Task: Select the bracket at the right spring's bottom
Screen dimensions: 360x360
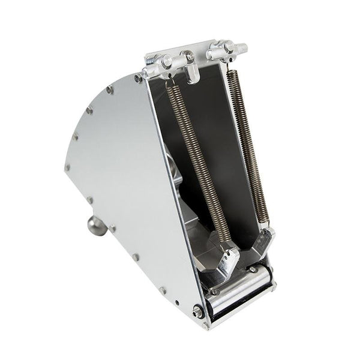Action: [x=265, y=240]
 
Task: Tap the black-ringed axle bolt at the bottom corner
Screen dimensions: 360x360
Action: [x=197, y=311]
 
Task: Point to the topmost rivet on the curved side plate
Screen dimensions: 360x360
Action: [x=139, y=78]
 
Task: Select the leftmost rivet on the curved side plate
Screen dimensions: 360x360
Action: [x=67, y=167]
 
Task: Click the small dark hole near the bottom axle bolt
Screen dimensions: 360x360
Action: [x=176, y=303]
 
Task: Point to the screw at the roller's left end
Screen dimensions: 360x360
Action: [x=214, y=292]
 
